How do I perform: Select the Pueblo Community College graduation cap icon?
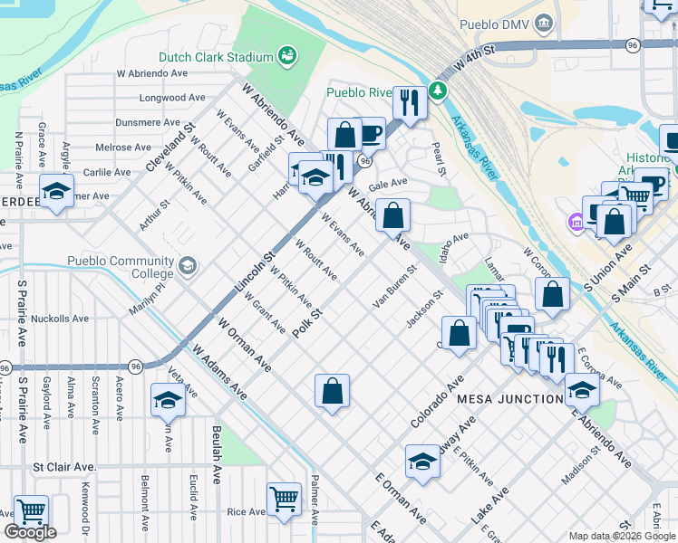point(187,265)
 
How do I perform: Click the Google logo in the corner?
point(30,532)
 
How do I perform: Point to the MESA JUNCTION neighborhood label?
point(509,399)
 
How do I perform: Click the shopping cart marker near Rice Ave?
point(284,498)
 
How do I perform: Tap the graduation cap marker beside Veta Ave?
point(168,398)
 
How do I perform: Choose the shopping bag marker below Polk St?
point(333,391)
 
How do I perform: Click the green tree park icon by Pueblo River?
point(438,90)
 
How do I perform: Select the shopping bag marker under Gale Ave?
point(393,216)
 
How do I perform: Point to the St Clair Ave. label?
point(64,467)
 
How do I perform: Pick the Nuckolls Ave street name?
point(60,319)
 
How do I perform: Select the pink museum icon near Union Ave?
point(575,222)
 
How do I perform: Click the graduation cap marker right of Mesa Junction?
point(581,388)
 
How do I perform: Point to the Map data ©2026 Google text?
point(622,536)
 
